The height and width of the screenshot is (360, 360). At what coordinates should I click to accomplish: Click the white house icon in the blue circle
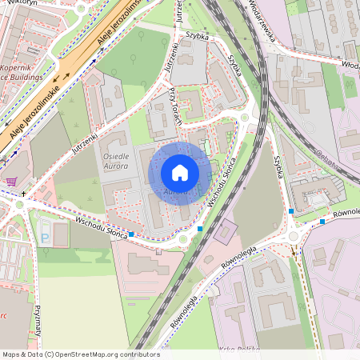tap(180, 173)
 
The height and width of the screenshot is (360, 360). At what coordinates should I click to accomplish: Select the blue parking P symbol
tap(45, 238)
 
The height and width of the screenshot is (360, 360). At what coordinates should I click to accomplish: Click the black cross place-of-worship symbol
tap(24, 194)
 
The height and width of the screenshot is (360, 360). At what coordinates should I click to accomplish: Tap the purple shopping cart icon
tap(10, 182)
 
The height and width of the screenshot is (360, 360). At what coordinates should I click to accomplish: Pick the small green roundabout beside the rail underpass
tap(245, 118)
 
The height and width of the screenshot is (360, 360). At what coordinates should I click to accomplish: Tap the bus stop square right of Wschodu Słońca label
tap(130, 234)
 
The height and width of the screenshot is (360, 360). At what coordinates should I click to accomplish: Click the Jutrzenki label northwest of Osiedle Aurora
tap(89, 137)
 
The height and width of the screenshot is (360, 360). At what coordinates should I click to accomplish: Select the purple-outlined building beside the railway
tap(226, 231)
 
